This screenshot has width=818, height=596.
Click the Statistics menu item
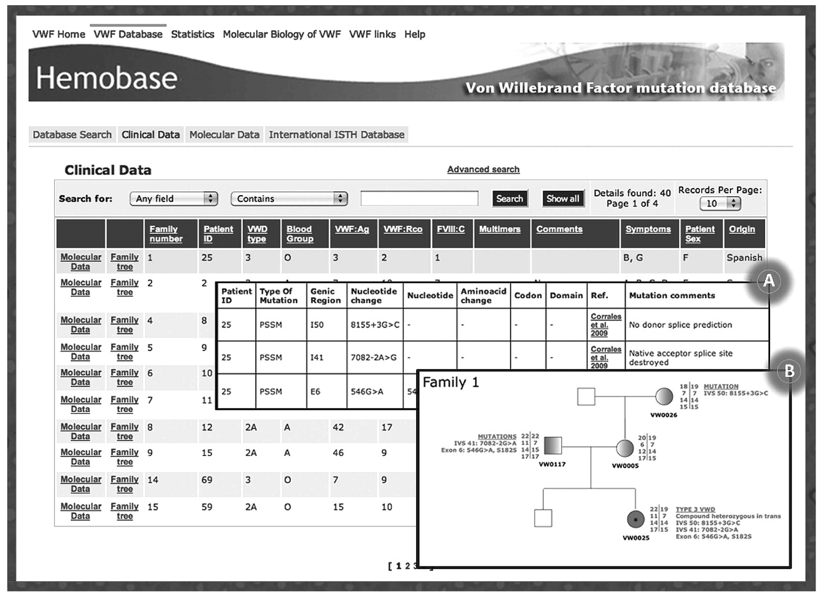[192, 35]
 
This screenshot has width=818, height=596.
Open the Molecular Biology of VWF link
[282, 35]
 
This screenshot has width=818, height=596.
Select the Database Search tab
[72, 135]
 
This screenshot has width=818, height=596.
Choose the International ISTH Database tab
[336, 135]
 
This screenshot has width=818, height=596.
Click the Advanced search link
[483, 169]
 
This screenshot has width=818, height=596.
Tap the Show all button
[562, 198]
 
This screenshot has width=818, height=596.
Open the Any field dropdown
[174, 199]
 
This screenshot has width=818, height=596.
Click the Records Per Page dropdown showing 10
[720, 203]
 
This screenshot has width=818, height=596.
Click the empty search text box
[419, 199]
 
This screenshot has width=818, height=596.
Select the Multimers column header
[500, 229]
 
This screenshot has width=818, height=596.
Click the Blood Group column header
[299, 233]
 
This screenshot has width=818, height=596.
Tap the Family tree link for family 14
[125, 484]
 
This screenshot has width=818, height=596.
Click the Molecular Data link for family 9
[81, 457]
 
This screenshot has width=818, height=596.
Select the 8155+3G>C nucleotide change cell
[374, 324]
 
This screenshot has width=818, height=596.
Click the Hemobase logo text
[107, 78]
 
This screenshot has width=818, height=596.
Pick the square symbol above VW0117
[553, 444]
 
